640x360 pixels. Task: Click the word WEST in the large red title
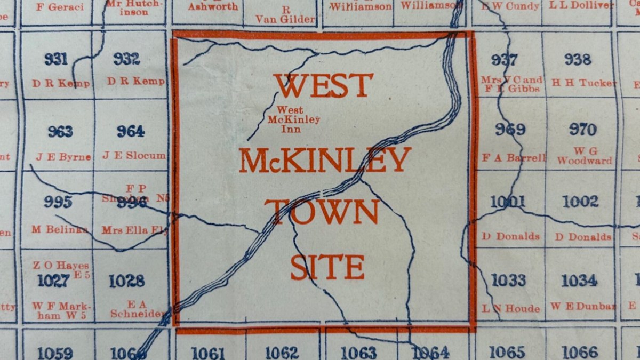click(323, 85)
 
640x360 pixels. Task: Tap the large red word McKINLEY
click(325, 159)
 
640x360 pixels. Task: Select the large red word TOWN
click(322, 211)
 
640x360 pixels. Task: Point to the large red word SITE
click(327, 267)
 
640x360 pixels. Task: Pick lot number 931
click(56, 59)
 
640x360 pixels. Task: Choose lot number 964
click(131, 131)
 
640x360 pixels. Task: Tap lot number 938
click(578, 59)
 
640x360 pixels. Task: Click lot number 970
click(582, 130)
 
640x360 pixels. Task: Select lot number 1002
click(580, 202)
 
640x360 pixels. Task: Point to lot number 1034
click(579, 280)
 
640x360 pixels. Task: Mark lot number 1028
click(127, 281)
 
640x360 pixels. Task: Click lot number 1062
click(282, 353)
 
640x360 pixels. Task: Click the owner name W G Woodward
click(585, 156)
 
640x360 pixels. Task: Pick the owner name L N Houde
click(511, 308)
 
